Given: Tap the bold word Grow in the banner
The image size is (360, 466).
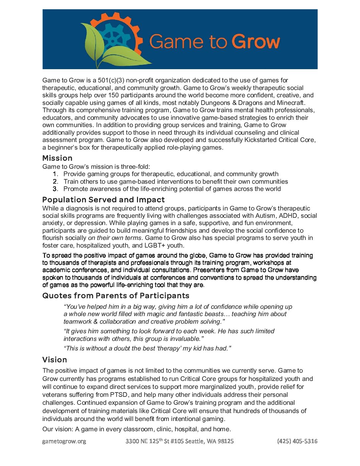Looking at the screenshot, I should pyautogui.click(x=255, y=42).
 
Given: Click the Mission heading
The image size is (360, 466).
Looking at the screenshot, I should pyautogui.click(x=57, y=158).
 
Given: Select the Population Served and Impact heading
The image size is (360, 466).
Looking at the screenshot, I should pyautogui.click(x=103, y=200).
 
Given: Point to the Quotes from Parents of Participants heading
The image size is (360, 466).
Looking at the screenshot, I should pyautogui.click(x=116, y=296).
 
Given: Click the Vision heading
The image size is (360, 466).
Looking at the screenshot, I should pyautogui.click(x=55, y=360).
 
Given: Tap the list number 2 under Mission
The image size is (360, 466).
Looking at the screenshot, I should pyautogui.click(x=55, y=181).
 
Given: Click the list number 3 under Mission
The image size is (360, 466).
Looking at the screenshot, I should pyautogui.click(x=55, y=189).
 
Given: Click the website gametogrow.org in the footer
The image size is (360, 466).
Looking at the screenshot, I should pyautogui.click(x=64, y=441).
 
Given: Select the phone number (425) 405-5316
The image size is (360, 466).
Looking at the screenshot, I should pyautogui.click(x=297, y=441).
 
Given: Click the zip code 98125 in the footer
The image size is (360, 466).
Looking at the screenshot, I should pyautogui.click(x=225, y=441).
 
